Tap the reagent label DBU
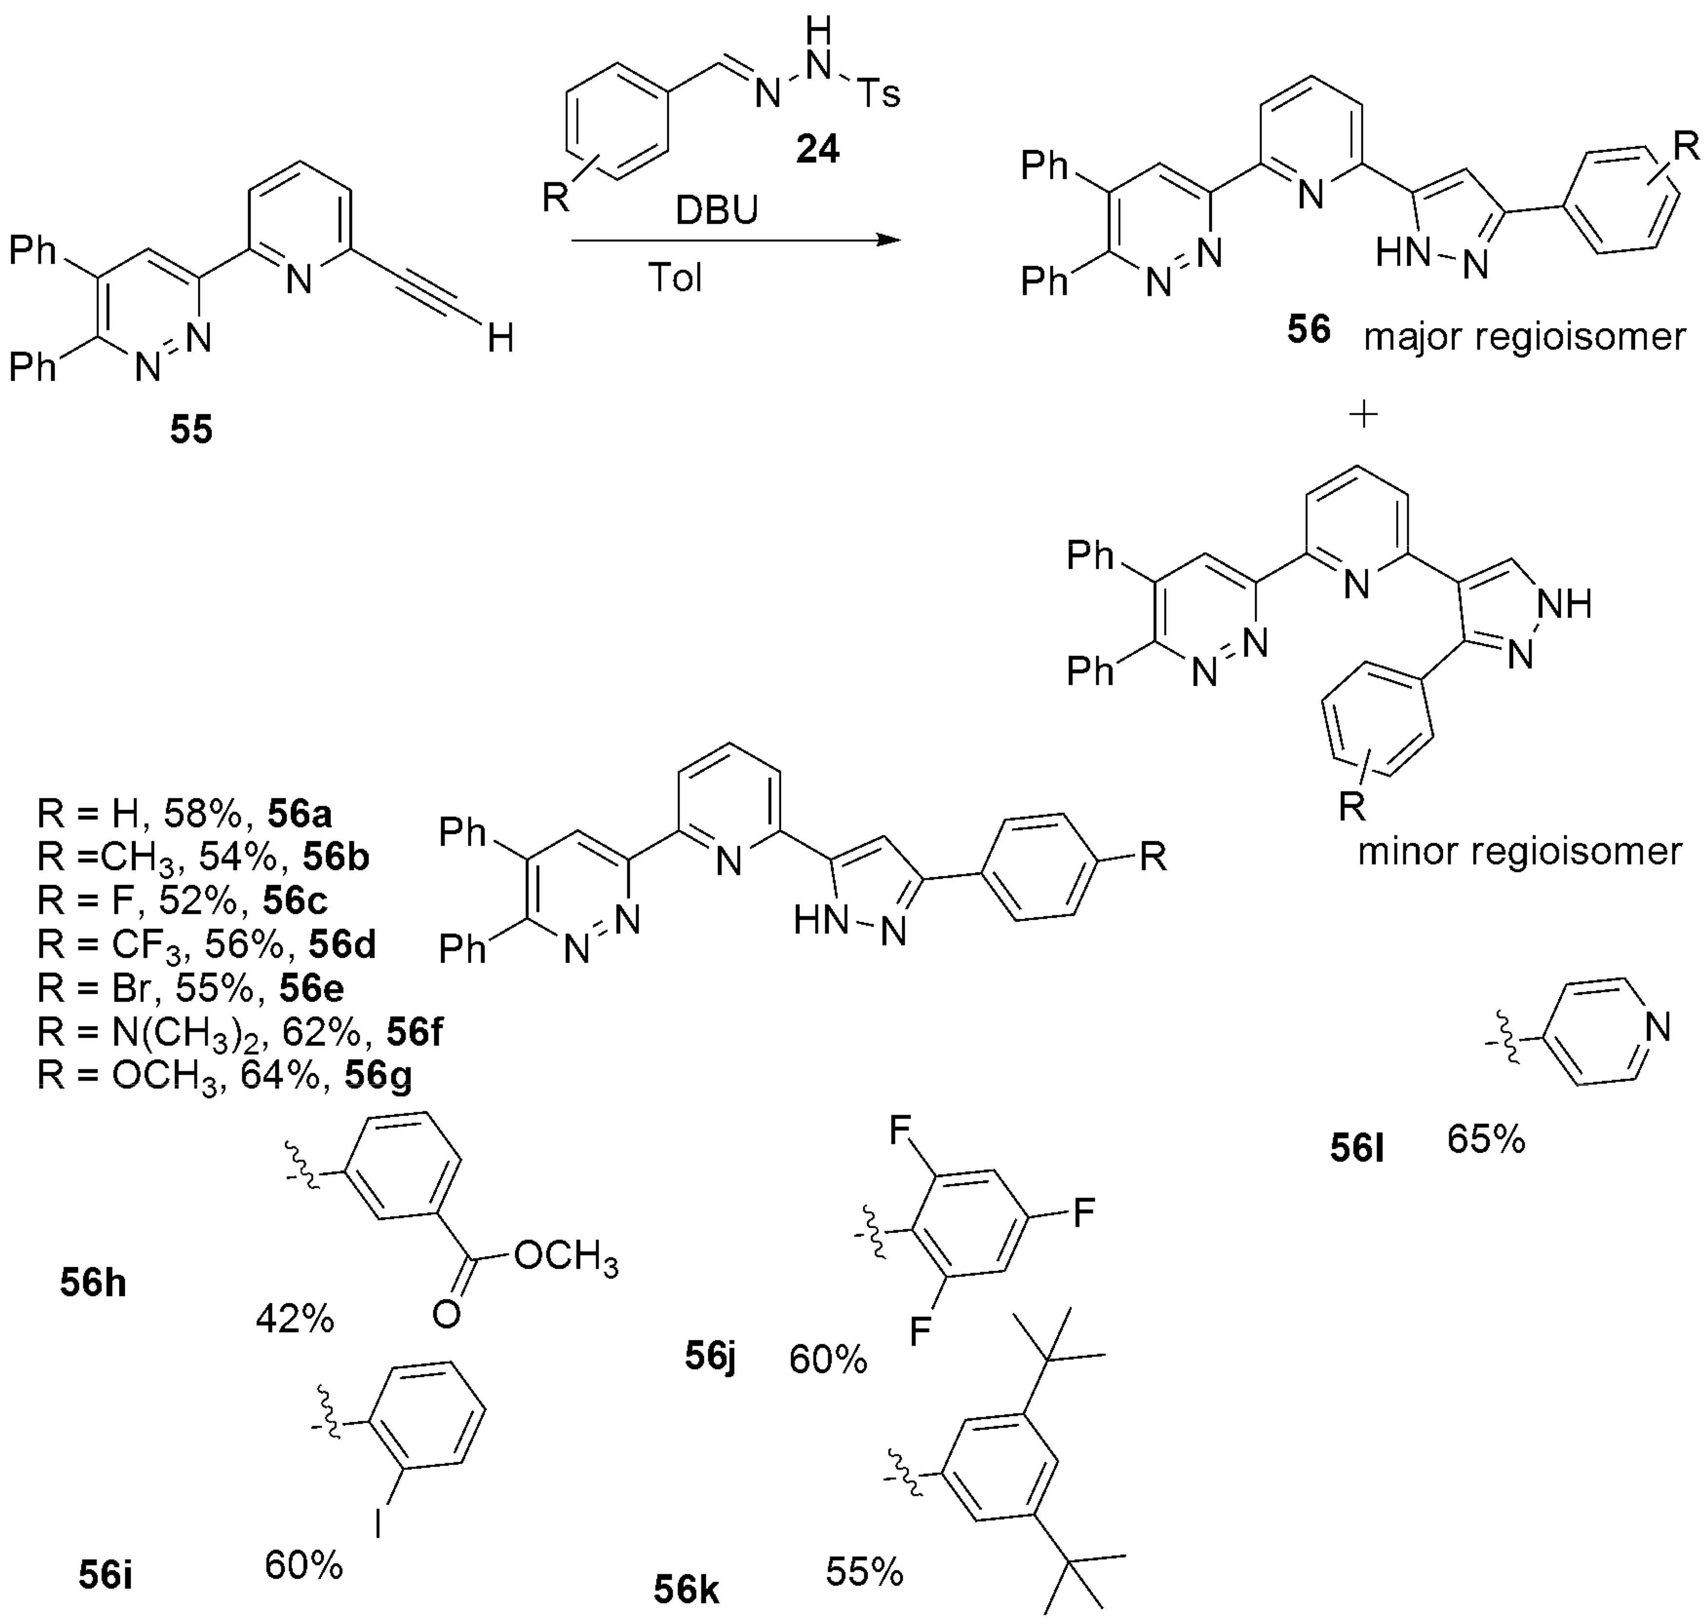[x=718, y=210]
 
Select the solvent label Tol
[x=675, y=278]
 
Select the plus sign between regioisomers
[x=1363, y=415]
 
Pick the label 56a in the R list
[x=299, y=814]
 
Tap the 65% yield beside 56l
[x=1486, y=1140]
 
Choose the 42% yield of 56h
[x=294, y=1319]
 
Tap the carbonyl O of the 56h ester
[x=446, y=1315]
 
